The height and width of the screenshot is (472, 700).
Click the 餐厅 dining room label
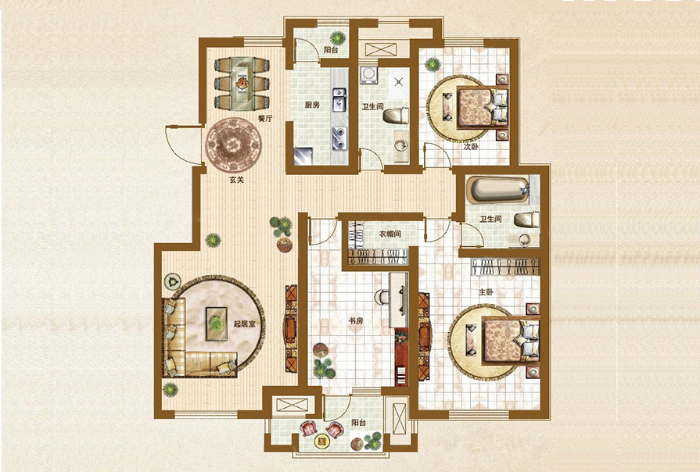click(265, 119)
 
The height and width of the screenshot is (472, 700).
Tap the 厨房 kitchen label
click(312, 105)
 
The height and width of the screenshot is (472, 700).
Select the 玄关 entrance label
click(237, 181)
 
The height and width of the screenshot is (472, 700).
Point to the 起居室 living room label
click(245, 324)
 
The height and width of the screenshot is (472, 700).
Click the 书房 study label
click(356, 320)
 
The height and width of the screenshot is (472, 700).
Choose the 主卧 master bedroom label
click(486, 293)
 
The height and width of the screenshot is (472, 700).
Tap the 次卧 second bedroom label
click(470, 146)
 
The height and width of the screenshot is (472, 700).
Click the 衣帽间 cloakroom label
click(390, 234)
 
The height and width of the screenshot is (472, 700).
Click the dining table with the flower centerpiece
click(242, 84)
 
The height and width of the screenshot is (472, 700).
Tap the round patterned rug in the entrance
click(234, 145)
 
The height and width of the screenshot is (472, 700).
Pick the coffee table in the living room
click(217, 324)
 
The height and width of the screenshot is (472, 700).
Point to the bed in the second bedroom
click(483, 107)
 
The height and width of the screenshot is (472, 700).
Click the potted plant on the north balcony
click(339, 38)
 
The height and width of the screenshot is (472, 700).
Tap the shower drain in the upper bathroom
click(399, 81)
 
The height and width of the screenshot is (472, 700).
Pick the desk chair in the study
click(381, 297)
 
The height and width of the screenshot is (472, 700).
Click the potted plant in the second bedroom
click(433, 65)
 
